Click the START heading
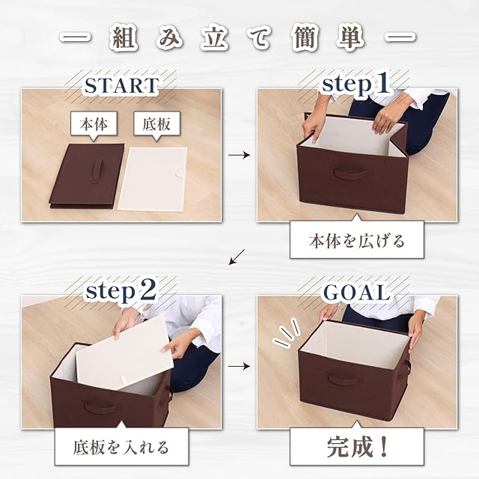[121, 85]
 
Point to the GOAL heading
[356, 292]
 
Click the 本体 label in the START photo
[94, 124]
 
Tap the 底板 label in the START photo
[156, 124]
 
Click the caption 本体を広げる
[356, 241]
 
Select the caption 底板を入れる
[121, 447]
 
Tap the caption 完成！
[356, 447]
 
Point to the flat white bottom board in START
[153, 179]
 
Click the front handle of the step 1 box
[350, 174]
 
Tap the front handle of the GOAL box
[344, 379]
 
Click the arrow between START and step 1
[239, 155]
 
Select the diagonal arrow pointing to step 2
[237, 257]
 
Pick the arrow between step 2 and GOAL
[239, 366]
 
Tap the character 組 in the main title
[123, 39]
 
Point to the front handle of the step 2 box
[99, 406]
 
